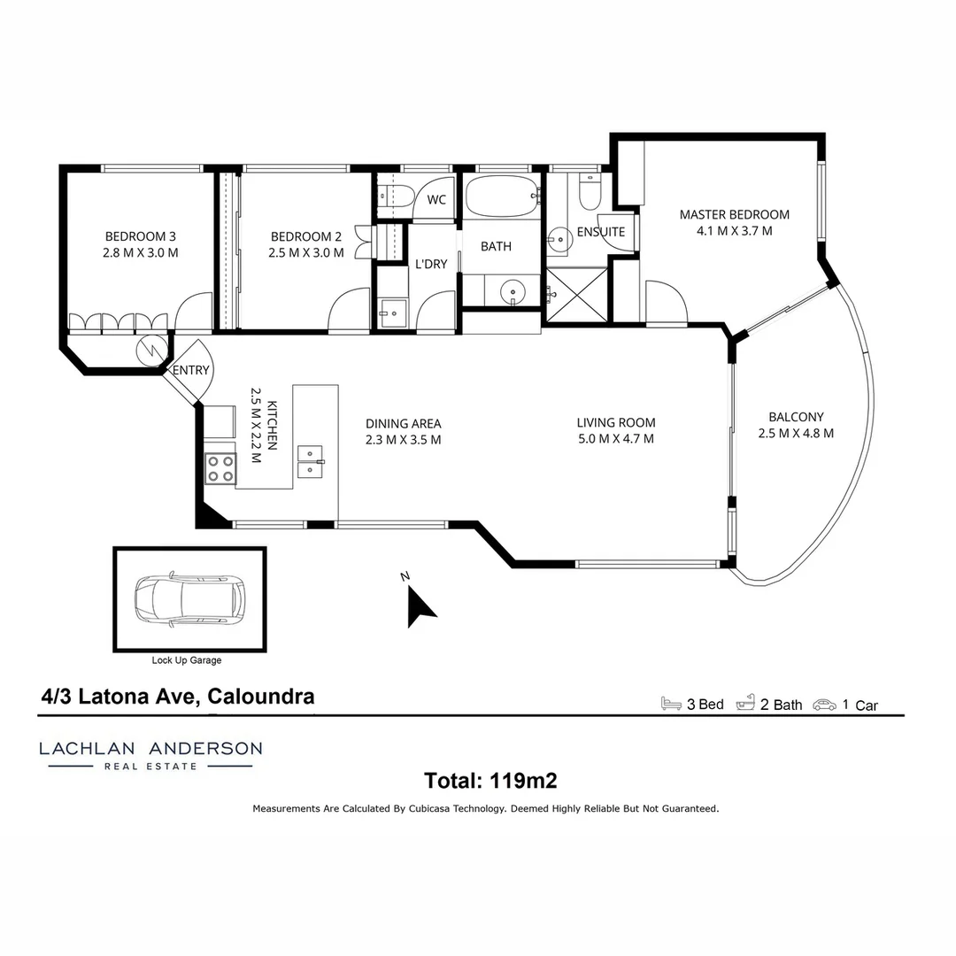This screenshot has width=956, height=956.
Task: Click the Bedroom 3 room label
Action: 141,236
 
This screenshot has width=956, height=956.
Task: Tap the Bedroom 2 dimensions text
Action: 306,252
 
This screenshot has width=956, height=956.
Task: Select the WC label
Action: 436,200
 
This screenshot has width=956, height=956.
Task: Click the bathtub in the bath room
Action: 502,197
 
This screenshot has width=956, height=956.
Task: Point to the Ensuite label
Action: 601,232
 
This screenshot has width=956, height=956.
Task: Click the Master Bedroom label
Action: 734,214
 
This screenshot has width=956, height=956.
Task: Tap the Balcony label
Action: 796,417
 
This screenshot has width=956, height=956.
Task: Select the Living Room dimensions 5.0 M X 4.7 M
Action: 616,438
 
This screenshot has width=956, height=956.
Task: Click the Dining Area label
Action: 403,423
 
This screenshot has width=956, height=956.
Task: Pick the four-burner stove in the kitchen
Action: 221,467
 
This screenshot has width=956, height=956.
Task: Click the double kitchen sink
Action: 311,461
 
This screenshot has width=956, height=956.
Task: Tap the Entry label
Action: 191,370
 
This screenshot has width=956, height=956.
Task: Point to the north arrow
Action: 420,605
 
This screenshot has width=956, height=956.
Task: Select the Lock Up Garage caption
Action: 187,660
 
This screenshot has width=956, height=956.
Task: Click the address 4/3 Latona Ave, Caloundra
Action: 178,697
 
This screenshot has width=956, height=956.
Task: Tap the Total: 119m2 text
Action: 490,781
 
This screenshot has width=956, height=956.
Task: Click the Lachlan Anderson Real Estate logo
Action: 150,754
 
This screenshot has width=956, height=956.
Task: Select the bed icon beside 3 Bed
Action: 671,705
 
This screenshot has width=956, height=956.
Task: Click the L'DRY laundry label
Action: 430,264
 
